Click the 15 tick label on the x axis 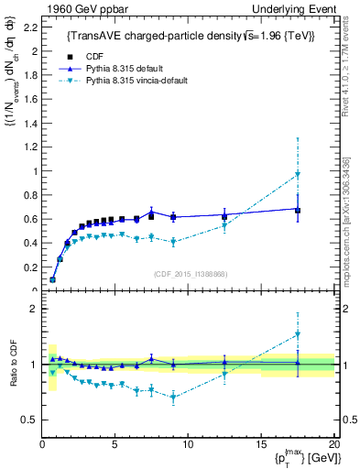click(261, 444)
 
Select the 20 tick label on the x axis click(333, 444)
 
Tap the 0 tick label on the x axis click(42, 444)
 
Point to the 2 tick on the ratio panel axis click(32, 309)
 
